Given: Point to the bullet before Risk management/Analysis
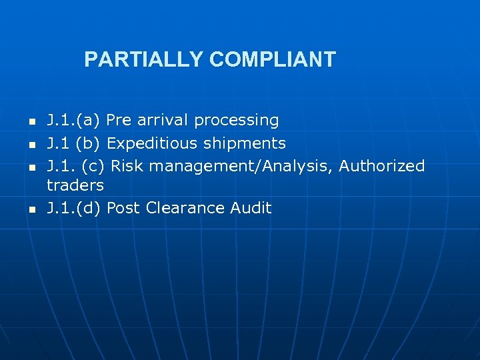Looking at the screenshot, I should [31, 167].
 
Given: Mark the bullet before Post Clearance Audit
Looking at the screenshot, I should [31, 209].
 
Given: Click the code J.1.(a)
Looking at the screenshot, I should [73, 121].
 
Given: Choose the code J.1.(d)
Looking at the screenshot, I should [73, 208].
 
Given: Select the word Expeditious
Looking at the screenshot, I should [153, 143].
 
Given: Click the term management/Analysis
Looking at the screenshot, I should [236, 166].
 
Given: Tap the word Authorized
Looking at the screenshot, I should [382, 165].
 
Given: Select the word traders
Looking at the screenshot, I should [75, 185].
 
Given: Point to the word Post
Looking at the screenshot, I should [123, 208].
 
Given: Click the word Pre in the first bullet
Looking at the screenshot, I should [119, 121].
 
